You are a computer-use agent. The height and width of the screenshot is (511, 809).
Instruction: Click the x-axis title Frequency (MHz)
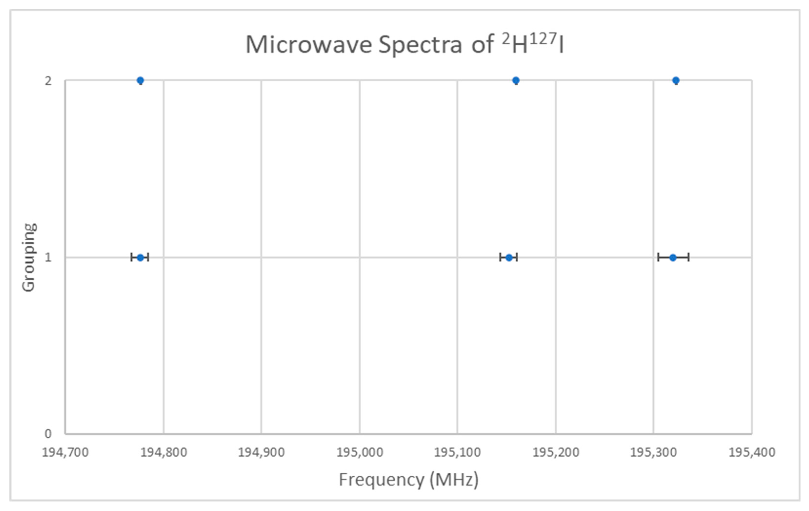tap(409, 479)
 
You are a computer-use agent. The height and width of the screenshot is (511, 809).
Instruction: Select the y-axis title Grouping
tap(29, 258)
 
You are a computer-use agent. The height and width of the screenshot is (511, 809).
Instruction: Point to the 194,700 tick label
tap(65, 453)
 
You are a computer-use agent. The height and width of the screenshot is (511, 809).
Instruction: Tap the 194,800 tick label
tap(164, 453)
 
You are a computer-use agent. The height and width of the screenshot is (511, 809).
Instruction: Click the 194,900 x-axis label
tap(261, 453)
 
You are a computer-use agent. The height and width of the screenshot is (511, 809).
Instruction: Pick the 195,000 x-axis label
tap(360, 453)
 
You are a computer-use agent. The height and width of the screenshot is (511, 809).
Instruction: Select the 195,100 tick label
tap(457, 453)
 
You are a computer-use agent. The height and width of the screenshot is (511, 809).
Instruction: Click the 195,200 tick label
tap(556, 453)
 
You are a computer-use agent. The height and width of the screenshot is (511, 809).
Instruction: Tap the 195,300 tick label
tap(653, 453)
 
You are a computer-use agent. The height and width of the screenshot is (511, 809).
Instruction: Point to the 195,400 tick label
tap(751, 453)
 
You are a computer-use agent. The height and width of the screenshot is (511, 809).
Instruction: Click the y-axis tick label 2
tap(48, 81)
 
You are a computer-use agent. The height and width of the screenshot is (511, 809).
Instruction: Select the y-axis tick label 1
tap(48, 258)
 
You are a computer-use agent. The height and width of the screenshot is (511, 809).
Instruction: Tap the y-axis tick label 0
tap(48, 434)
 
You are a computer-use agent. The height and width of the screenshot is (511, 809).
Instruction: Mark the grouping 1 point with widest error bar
tap(673, 258)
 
